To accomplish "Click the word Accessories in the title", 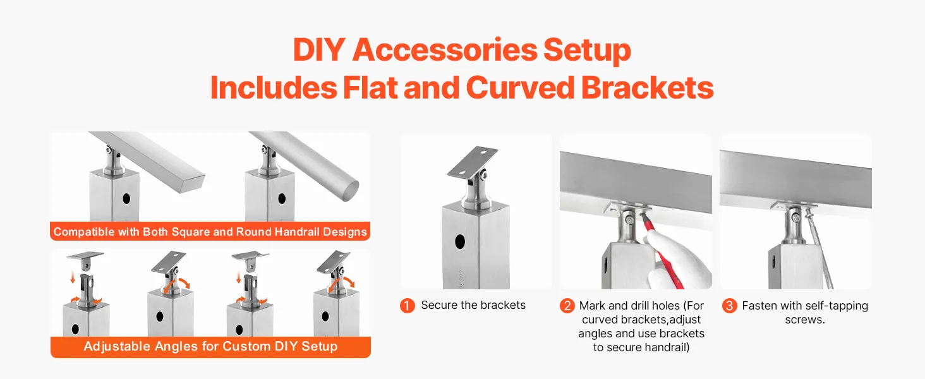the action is [444, 50].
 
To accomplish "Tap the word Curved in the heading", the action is [520, 88].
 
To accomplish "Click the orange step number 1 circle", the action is [407, 306].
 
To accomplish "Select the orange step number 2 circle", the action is [567, 306].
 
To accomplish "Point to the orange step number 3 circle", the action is [729, 306].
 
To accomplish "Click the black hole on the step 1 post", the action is [459, 241].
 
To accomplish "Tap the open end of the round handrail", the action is [350, 191].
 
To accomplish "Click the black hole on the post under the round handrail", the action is [282, 198].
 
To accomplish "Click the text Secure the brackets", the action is [473, 305].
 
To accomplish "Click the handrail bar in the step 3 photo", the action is [795, 178].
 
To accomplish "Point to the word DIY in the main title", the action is [319, 50].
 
